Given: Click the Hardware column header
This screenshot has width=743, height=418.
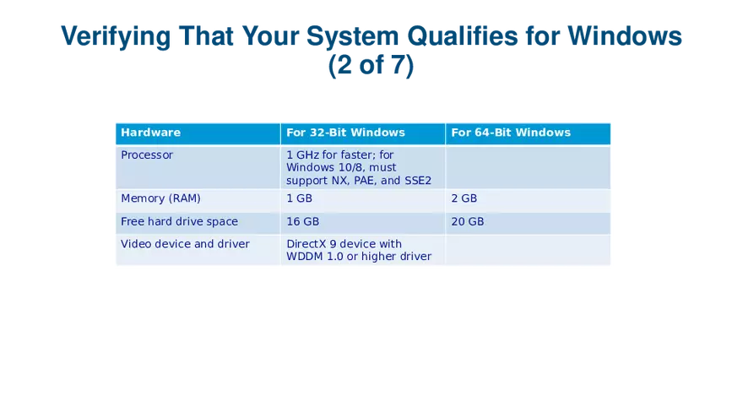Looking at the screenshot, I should pos(150,133).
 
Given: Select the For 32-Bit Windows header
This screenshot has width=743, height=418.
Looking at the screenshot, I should pos(345,133).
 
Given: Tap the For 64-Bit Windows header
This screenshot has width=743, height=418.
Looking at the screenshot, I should pos(511,133).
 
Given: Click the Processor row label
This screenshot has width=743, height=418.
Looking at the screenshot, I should pos(147,155).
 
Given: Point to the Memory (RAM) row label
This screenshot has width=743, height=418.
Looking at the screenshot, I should pos(160,199).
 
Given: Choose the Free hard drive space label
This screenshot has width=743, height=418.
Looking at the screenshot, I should pos(179,222).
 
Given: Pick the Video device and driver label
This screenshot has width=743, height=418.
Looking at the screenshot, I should pos(185,244).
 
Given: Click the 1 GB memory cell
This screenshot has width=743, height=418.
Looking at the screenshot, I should pos(299,199).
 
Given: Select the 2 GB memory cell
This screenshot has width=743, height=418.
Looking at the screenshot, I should pos(464,199).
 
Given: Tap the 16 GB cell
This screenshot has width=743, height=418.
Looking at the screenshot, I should pos(302,222).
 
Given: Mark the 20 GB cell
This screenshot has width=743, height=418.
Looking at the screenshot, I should pos(468,222).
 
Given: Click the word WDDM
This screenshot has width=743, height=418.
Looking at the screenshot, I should pos(305,257).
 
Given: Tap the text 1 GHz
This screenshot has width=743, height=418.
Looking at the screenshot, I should pos(303,155).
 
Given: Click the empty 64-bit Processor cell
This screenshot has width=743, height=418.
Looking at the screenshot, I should pos(528,167).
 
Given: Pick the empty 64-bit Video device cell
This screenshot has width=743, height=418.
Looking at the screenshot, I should pos(528,250).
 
